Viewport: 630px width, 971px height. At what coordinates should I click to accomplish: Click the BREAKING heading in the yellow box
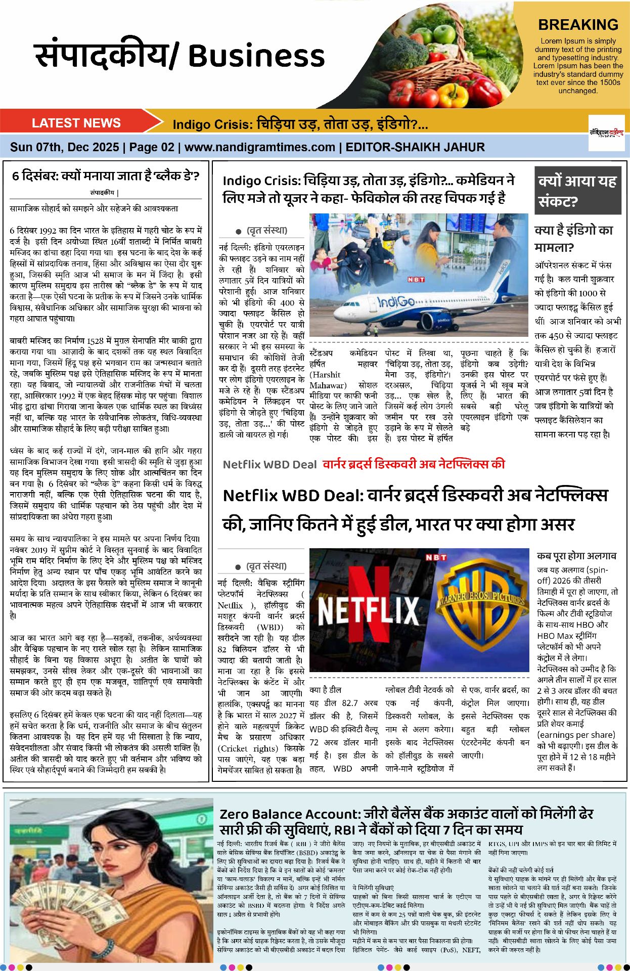pos(578,25)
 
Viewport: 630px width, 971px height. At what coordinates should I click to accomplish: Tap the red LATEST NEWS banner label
pos(76,123)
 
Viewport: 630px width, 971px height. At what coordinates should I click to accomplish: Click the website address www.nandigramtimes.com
pos(259,147)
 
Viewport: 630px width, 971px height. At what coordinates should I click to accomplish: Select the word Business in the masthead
pos(256,56)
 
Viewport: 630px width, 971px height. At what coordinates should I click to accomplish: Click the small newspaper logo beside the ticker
pos(606,133)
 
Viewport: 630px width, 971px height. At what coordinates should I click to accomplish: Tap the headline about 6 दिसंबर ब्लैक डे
pos(106,176)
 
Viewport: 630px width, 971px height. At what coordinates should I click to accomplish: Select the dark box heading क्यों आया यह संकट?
pos(577,191)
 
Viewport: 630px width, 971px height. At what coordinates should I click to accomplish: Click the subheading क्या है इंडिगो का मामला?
pos(573,238)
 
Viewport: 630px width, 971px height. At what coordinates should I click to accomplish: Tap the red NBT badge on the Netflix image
pos(436,557)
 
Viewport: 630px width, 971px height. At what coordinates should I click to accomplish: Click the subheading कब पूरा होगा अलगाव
pos(576,556)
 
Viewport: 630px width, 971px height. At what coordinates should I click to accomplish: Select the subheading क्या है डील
pos(325,690)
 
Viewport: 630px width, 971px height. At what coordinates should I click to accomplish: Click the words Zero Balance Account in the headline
pos(290,814)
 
